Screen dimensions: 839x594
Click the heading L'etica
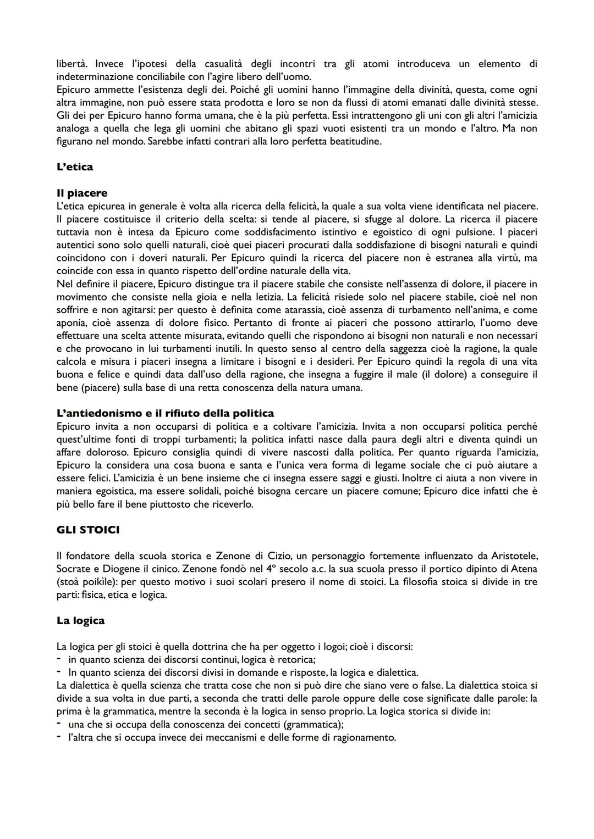coord(75,167)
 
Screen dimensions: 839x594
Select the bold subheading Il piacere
coord(82,193)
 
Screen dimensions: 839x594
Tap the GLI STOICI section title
coord(88,530)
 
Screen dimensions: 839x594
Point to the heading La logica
coord(80,620)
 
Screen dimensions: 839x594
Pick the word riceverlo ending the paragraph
coord(231,504)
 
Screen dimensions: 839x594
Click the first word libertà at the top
coord(70,64)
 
